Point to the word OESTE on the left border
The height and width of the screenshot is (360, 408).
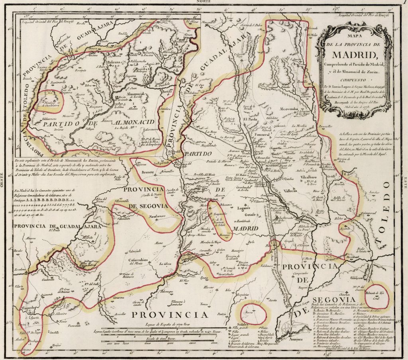tap(3, 180)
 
